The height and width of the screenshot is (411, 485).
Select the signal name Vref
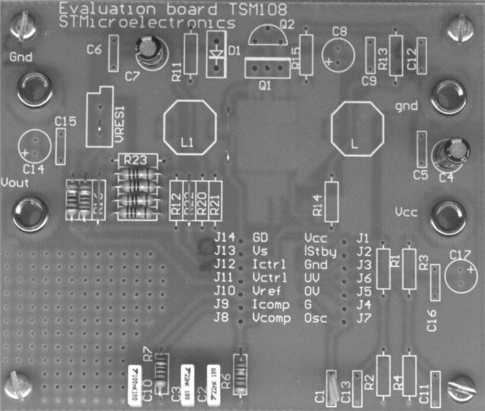(x=265, y=291)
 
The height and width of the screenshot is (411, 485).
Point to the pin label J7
(x=364, y=319)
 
